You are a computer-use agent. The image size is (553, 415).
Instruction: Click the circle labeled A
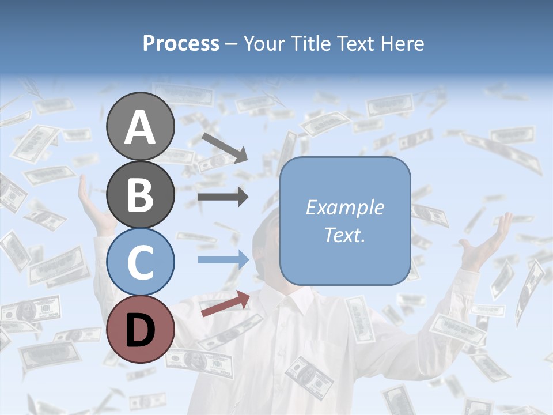(140, 126)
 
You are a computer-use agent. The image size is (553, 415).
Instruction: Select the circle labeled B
(140, 194)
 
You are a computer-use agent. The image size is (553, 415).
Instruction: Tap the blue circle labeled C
(140, 262)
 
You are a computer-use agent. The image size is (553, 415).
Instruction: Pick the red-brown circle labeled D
(140, 329)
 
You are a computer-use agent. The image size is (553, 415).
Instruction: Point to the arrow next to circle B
(223, 198)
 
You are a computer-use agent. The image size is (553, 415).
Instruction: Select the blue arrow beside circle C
(224, 259)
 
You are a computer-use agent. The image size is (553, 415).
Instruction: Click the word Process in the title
(181, 43)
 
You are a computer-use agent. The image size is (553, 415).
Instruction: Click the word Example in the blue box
(345, 207)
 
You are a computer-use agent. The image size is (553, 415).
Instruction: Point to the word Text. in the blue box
(345, 235)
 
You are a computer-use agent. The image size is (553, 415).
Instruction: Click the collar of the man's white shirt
(288, 300)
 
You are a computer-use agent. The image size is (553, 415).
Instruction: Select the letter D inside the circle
(140, 330)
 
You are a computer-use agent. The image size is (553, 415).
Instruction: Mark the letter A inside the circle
(140, 127)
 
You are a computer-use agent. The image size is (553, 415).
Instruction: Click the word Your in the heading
(264, 43)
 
